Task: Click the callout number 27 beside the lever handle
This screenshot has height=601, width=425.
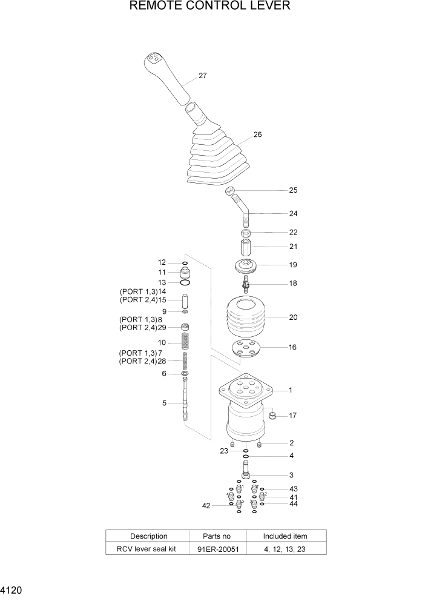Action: coord(203,76)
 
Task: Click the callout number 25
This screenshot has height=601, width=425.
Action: coord(293,190)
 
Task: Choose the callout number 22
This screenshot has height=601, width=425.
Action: coord(293,232)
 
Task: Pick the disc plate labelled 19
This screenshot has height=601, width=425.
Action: coord(246,265)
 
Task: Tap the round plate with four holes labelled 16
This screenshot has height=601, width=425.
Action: coord(246,350)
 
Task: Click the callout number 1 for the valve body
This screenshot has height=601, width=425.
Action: coord(291,391)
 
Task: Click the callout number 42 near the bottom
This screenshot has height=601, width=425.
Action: coord(206,505)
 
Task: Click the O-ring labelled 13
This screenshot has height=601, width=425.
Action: coord(185,282)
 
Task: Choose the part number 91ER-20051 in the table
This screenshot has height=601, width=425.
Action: coord(217,549)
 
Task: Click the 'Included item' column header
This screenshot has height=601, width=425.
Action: coord(285,536)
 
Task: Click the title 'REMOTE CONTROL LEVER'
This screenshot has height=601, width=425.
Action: coord(210,7)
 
